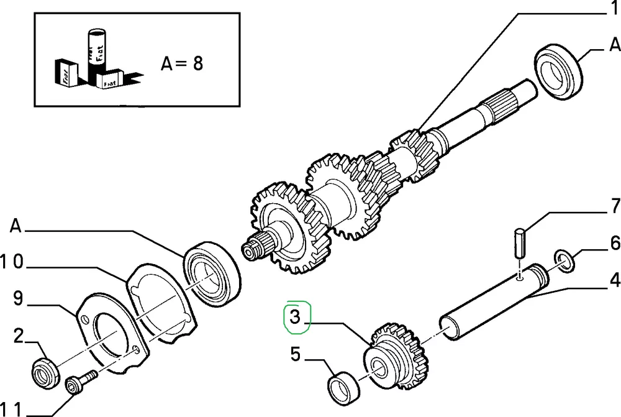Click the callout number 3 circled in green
[295, 318]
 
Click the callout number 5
[295, 355]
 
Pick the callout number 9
[19, 299]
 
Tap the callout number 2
[19, 337]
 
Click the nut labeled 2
[45, 372]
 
